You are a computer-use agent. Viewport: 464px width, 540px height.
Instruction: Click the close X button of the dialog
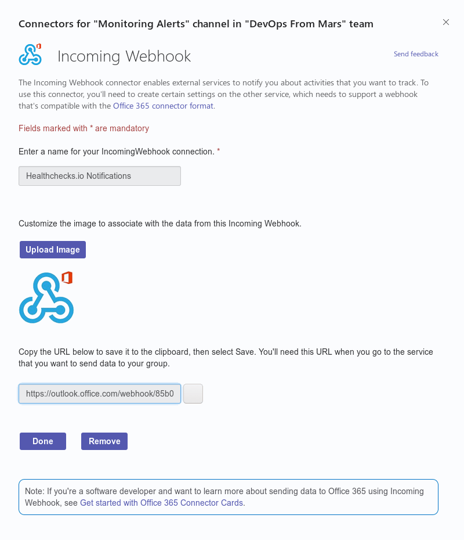(446, 22)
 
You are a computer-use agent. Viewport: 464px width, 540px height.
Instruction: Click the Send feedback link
(416, 54)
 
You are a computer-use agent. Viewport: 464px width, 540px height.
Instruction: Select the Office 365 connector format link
(164, 106)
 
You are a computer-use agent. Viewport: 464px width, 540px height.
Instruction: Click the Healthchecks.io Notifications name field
(100, 176)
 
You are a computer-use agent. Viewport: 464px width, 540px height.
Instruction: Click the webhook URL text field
(100, 394)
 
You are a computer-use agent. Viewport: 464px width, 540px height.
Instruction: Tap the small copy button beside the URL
(193, 394)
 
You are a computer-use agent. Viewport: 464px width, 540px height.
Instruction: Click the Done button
(43, 441)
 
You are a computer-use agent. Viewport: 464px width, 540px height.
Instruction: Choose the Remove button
(104, 441)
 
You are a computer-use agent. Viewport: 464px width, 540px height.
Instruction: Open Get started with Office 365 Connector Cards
(162, 503)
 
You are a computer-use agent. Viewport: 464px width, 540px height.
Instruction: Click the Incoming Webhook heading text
(124, 56)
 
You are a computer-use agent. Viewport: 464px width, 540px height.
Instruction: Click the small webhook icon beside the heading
(30, 55)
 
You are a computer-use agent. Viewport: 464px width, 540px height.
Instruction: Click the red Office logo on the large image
(67, 277)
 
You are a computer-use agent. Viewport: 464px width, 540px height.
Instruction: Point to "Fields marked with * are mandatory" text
(84, 128)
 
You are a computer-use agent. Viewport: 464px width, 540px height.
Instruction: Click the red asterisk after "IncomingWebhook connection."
(219, 151)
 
